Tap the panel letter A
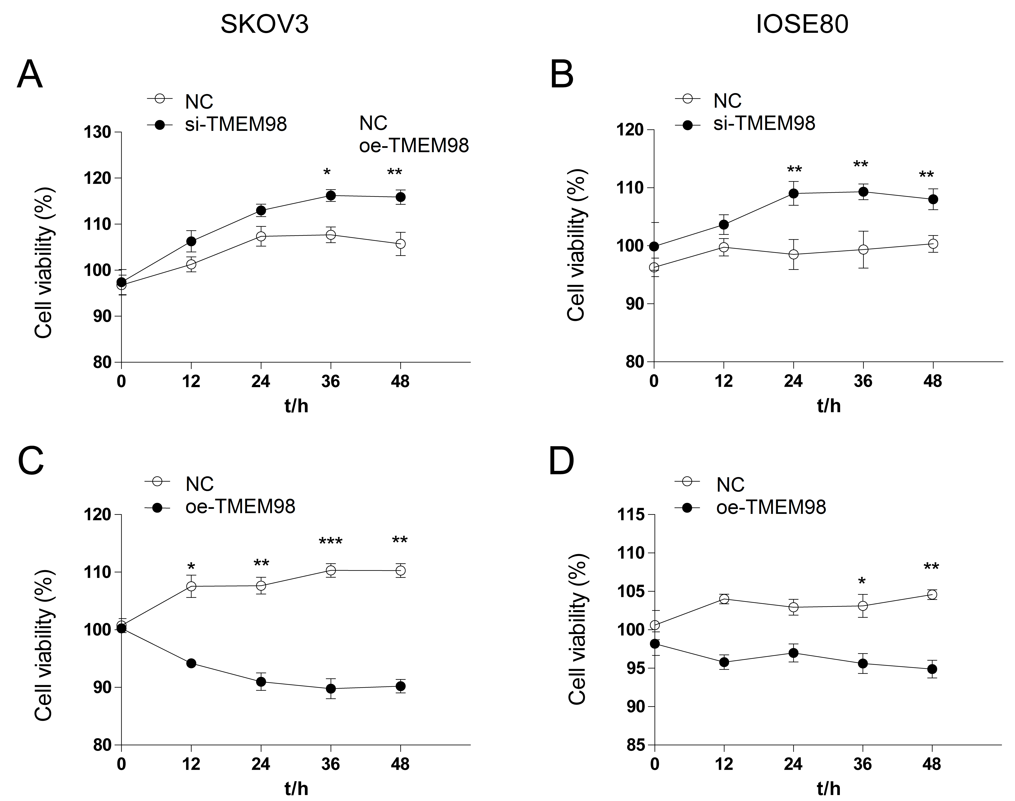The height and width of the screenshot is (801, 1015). point(30,75)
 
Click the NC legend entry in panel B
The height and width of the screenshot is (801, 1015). point(727,101)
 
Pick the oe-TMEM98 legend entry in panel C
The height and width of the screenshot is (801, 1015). point(240,506)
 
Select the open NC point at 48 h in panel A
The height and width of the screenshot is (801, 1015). point(400,244)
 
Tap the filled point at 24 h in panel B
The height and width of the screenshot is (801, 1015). point(793,193)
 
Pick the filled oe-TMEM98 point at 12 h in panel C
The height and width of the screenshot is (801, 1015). point(191,663)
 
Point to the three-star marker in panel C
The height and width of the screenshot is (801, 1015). point(330,542)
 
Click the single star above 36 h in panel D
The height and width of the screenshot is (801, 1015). point(862,582)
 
